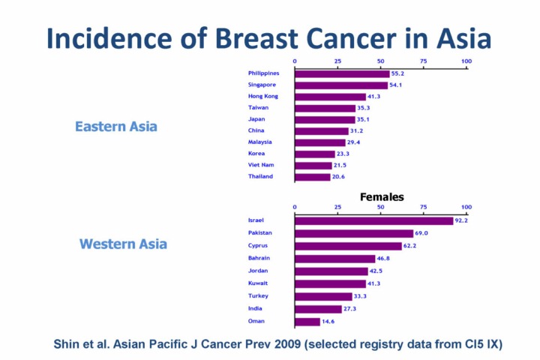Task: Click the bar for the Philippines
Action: pyautogui.click(x=342, y=73)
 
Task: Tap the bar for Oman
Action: pyautogui.click(x=307, y=322)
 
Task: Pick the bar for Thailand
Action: pyautogui.click(x=313, y=177)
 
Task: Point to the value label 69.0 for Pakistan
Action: pyautogui.click(x=421, y=233)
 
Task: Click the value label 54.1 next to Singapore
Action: pyautogui.click(x=395, y=85)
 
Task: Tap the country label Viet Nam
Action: pyautogui.click(x=260, y=165)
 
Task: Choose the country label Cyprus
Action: pyautogui.click(x=258, y=245)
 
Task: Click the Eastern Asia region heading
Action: pyautogui.click(x=116, y=127)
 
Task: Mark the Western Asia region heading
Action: pyautogui.click(x=123, y=244)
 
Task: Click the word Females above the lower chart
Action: pyautogui.click(x=382, y=197)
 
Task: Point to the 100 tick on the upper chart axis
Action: pyautogui.click(x=466, y=61)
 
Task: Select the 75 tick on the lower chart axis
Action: pyautogui.click(x=424, y=207)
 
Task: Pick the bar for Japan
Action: pyautogui.click(x=325, y=119)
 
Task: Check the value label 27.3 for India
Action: pyautogui.click(x=349, y=309)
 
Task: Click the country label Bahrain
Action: pyautogui.click(x=259, y=258)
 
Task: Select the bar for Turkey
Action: pyautogui.click(x=323, y=296)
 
